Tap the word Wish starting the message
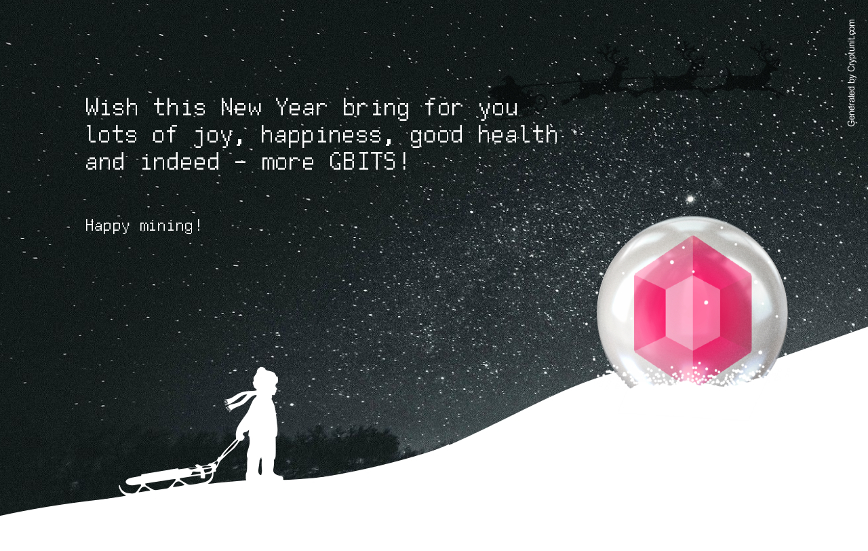pos(112,107)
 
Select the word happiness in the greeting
pos(321,136)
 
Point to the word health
pos(517,134)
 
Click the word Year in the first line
pos(301,107)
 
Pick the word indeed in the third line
pos(180,161)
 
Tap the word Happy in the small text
pos(107,226)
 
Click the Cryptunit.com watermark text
pos(851,73)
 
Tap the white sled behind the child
pos(167,480)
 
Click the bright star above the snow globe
pos(690,199)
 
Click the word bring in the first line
pos(376,109)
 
